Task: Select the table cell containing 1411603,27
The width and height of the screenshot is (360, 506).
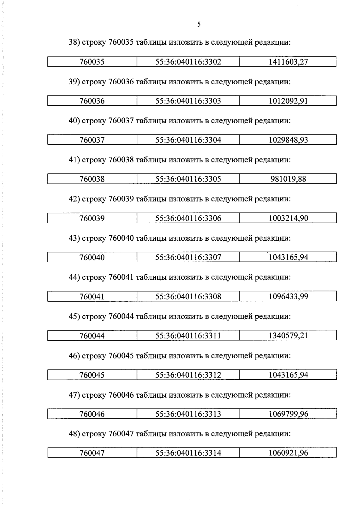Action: pyautogui.click(x=288, y=62)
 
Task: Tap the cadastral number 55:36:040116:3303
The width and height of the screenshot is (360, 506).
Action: pyautogui.click(x=188, y=101)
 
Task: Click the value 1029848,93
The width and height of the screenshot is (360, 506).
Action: pyautogui.click(x=288, y=140)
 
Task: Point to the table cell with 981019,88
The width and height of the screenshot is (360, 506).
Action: pyautogui.click(x=288, y=179)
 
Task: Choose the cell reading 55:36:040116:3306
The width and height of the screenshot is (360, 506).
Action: pyautogui.click(x=188, y=218)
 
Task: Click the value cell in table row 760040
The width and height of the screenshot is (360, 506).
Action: pyautogui.click(x=288, y=257)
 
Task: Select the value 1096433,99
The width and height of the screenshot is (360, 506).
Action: pyautogui.click(x=288, y=297)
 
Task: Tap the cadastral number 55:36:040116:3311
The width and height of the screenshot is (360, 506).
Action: pyautogui.click(x=188, y=336)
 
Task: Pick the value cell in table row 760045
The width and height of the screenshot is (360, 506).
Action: pyautogui.click(x=288, y=375)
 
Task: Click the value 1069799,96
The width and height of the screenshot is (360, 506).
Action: pyautogui.click(x=288, y=414)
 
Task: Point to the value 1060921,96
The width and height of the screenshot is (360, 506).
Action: pyautogui.click(x=288, y=453)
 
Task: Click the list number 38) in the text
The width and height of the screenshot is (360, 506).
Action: pyautogui.click(x=74, y=42)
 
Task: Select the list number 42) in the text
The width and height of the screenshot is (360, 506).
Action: pyautogui.click(x=74, y=199)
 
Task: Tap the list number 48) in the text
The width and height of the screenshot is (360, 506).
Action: pyautogui.click(x=74, y=434)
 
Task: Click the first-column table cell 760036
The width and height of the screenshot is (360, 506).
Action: pyautogui.click(x=92, y=101)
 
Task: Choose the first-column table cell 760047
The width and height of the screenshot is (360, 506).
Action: pyautogui.click(x=92, y=453)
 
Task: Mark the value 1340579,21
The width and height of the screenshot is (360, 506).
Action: pyautogui.click(x=288, y=336)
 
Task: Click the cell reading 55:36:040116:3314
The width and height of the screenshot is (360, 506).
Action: pyautogui.click(x=188, y=453)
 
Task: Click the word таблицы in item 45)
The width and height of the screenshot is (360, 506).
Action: pyautogui.click(x=151, y=316)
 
